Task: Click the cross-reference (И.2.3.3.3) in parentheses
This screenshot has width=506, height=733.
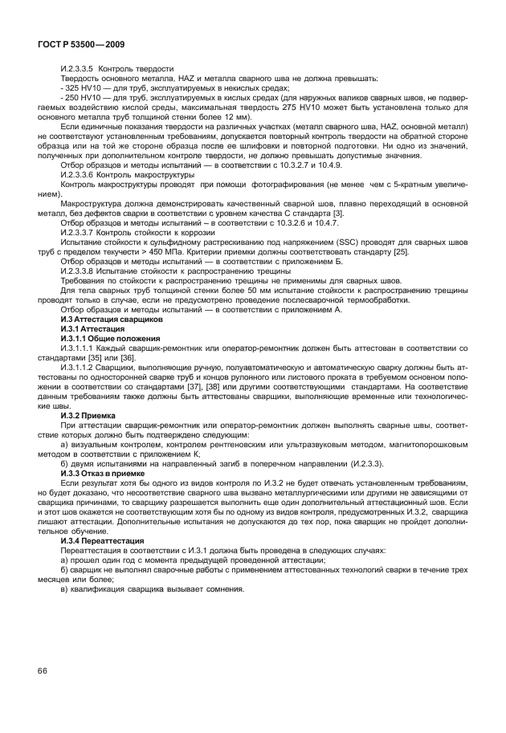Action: pos(337,466)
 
